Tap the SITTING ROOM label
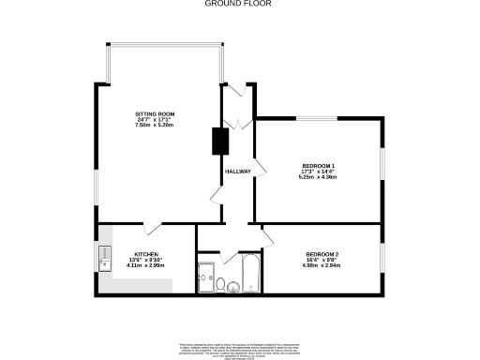point(155,114)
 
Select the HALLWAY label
point(235,171)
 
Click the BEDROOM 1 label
point(318,166)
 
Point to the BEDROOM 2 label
point(322,254)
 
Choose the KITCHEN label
point(145,254)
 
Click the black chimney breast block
point(220,140)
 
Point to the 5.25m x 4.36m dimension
point(318,177)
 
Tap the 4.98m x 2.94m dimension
point(322,265)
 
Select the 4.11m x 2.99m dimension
point(145,265)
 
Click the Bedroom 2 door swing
point(266,234)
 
